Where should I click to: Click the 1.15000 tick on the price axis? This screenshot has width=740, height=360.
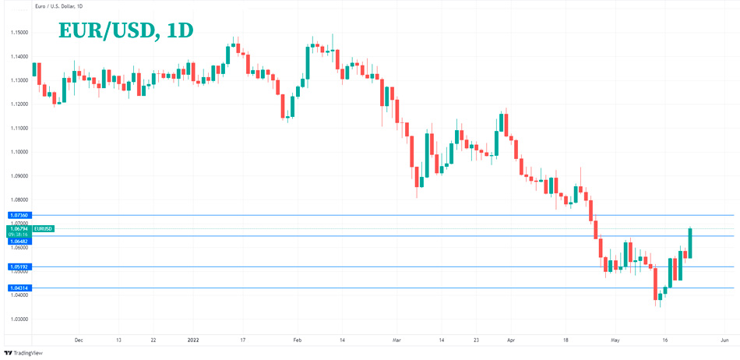19,33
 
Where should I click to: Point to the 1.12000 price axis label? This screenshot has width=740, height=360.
19,104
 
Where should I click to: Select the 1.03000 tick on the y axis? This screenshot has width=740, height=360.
19,319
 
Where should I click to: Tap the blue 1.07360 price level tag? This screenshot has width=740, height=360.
19,214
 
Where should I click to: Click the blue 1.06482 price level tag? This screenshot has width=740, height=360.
19,242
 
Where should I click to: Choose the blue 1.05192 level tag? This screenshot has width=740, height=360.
19,266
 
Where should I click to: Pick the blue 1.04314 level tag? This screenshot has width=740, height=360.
19,288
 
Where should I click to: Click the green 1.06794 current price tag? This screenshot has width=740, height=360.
19,228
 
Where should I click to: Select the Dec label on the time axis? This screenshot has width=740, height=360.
78,341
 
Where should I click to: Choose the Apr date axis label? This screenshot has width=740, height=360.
511,341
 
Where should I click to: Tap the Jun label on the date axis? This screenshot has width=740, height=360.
724,341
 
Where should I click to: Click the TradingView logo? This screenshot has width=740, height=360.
24,353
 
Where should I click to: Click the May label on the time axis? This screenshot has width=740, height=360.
615,341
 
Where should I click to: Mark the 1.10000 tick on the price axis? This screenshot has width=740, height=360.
19,152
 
